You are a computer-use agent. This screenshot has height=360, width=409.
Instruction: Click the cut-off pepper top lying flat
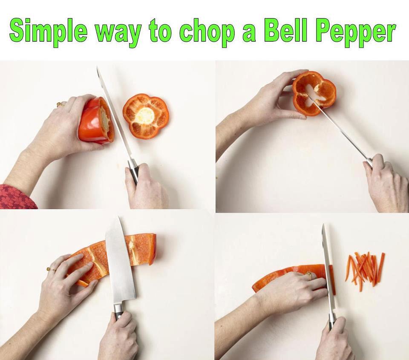pos(146,116)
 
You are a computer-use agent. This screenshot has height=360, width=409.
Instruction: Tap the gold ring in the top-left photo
pos(60,105)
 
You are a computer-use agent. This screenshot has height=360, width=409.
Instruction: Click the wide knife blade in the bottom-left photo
pos(120,263)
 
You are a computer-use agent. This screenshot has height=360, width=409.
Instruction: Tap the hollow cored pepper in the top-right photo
pos(314,93)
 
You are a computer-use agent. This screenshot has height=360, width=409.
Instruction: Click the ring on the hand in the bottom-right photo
pos(310,275)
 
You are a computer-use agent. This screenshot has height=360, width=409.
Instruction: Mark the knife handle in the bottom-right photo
pos(331,320)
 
